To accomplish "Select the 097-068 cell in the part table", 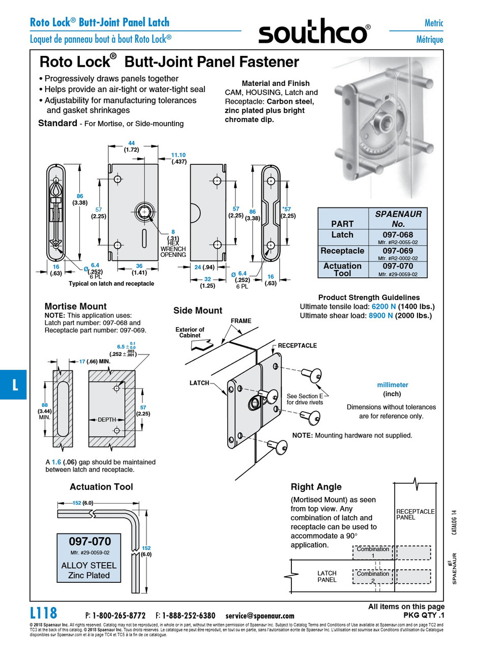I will pyautogui.click(x=397, y=235).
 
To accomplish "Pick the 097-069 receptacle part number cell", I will pyautogui.click(x=397, y=251).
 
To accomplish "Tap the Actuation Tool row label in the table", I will pyautogui.click(x=342, y=270).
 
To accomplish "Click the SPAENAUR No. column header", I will pyautogui.click(x=398, y=219).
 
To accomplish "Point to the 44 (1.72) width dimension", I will pyautogui.click(x=131, y=146).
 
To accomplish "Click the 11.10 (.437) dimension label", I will pyautogui.click(x=179, y=158).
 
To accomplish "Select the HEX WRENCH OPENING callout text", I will pyautogui.click(x=173, y=249).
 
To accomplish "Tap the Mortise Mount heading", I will pyautogui.click(x=75, y=306).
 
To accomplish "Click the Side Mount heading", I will pyautogui.click(x=197, y=310).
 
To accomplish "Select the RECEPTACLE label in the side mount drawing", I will pyautogui.click(x=297, y=346).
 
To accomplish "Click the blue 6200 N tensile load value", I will pyautogui.click(x=383, y=307).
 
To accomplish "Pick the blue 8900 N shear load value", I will pyautogui.click(x=380, y=316).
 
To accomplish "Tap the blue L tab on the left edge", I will pyautogui.click(x=14, y=384).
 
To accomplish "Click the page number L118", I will pyautogui.click(x=44, y=613).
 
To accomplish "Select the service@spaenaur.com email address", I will pyautogui.click(x=260, y=615).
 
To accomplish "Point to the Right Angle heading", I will pyautogui.click(x=316, y=487).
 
